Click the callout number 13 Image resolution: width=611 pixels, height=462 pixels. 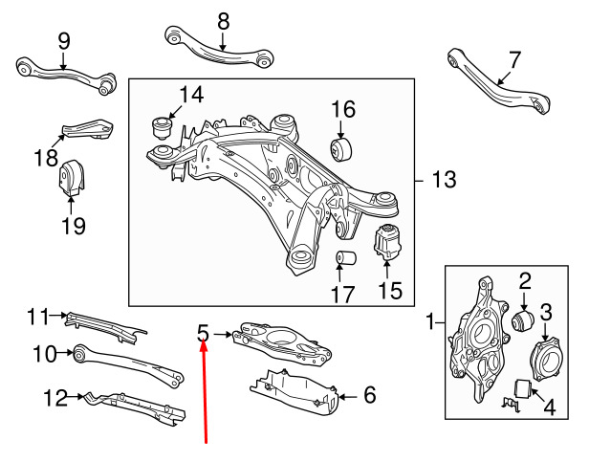[444, 180]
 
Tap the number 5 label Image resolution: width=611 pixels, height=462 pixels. [203, 334]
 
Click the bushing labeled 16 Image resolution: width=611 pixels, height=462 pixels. [341, 148]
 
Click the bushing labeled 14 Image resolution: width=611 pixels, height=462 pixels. [162, 127]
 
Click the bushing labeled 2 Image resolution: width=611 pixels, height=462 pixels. [523, 320]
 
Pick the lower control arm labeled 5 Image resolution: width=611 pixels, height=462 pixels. [282, 341]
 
